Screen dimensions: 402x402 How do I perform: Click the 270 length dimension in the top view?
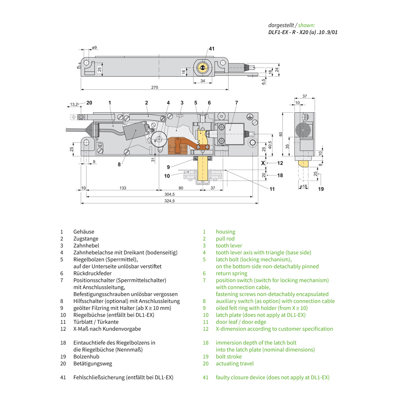pos(155,87)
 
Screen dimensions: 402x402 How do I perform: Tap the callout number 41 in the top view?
pos(212,48)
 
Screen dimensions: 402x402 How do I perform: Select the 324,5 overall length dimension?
pos(170,201)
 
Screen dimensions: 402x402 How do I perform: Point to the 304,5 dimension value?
pos(170,194)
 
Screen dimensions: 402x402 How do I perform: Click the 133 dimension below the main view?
pos(123,188)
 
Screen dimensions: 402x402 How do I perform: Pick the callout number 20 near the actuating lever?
pos(89,102)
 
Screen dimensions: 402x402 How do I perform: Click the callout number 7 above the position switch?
pos(236,102)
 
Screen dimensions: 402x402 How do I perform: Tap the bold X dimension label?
pos(263,163)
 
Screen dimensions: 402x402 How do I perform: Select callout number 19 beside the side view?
pos(321,189)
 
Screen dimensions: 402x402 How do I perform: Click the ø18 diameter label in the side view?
pos(303,186)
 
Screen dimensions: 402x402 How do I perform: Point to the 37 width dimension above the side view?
pos(305,96)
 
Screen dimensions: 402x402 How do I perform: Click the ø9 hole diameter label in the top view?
pos(94,48)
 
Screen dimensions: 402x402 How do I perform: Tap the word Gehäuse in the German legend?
pos(84,232)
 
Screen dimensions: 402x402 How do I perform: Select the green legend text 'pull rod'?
pos(225,239)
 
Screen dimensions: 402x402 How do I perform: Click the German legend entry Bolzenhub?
pos(86,356)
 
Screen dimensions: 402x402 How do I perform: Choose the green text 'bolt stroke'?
pos(229,356)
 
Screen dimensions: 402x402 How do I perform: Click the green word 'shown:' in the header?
pos(306,25)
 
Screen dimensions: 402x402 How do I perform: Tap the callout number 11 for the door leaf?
pos(272,189)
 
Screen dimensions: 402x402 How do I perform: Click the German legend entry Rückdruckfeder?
pos(93,273)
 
